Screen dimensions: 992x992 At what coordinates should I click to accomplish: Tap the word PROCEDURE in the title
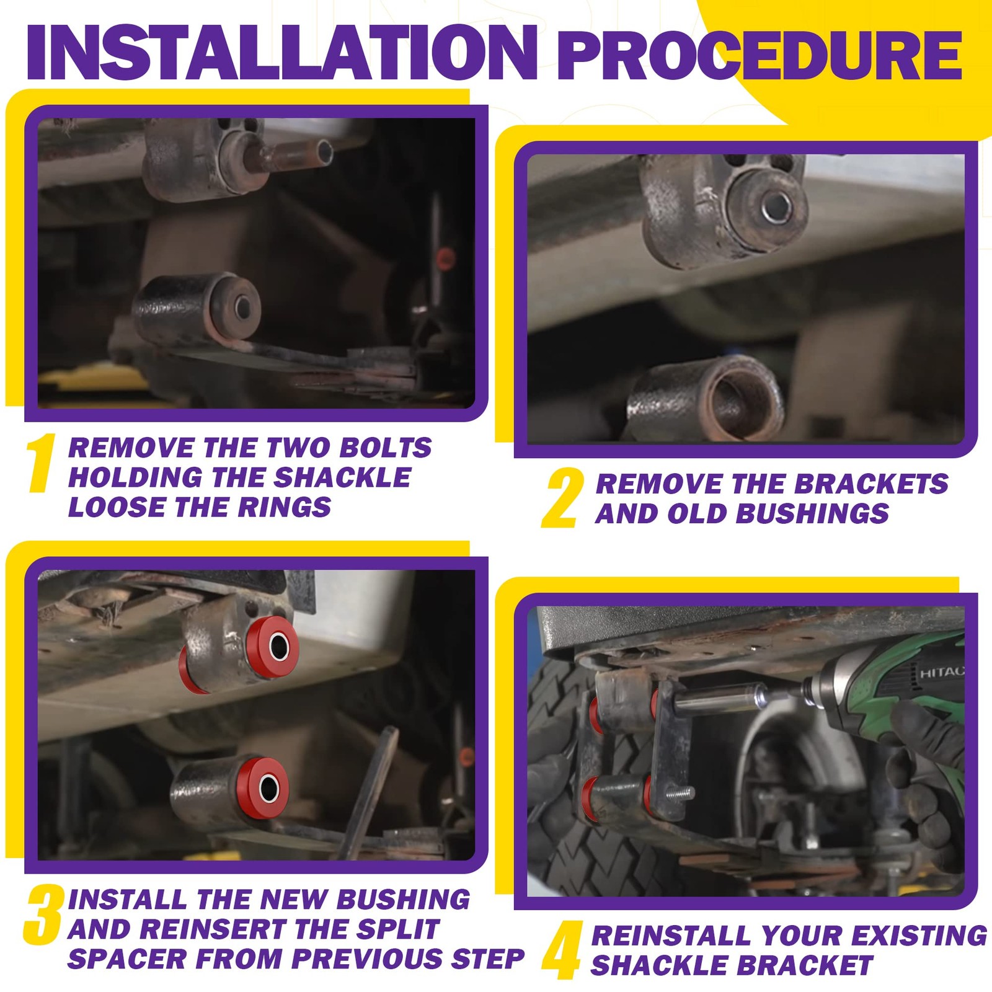(760, 55)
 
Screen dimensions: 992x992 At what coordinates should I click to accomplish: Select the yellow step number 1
(42, 463)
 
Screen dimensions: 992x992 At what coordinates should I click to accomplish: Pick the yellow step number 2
(563, 498)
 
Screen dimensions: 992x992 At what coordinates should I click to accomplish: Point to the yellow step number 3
(43, 914)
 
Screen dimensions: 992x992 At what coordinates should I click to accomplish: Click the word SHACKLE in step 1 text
(342, 477)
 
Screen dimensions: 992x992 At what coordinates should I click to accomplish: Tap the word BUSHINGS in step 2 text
(812, 513)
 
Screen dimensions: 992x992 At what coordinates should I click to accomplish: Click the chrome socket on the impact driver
(725, 700)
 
